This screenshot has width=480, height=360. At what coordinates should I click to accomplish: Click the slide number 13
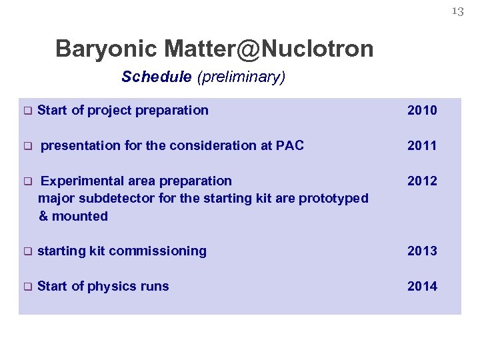point(457,11)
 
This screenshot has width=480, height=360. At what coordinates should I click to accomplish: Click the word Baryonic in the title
point(107,49)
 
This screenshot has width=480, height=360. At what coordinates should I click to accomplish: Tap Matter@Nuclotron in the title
point(269,49)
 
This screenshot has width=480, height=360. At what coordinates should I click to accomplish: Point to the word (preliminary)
point(241,77)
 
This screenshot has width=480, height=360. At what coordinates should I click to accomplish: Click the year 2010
point(422,111)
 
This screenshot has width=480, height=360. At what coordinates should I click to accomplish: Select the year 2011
point(422,145)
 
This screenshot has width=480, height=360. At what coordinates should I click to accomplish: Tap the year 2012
point(422,181)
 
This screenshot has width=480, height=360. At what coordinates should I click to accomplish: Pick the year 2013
point(422,251)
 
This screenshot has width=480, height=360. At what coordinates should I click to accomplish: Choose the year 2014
point(422,287)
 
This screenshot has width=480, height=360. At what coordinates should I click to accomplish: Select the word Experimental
point(80,181)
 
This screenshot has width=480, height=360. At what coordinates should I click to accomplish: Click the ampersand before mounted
point(43,216)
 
